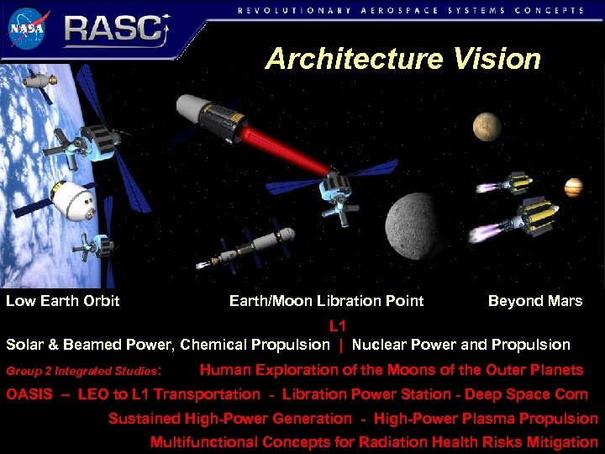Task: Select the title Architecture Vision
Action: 402,59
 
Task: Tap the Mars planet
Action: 488,126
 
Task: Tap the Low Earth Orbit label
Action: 63,301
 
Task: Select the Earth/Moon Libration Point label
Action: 326,301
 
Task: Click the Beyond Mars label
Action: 534,301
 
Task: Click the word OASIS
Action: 29,394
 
